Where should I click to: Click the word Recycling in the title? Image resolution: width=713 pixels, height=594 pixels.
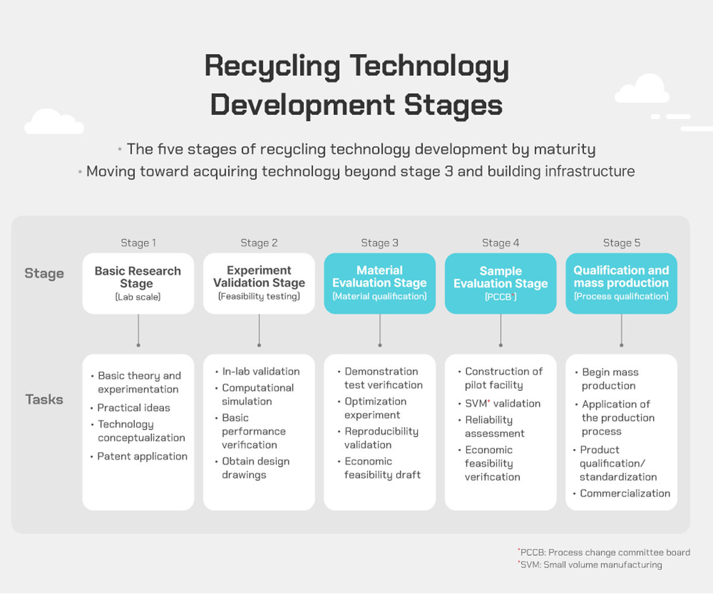point(273,67)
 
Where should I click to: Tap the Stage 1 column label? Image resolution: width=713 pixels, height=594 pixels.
point(138,243)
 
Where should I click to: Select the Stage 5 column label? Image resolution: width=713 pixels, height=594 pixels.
point(621,243)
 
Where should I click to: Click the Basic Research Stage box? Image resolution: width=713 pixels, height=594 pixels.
point(138,283)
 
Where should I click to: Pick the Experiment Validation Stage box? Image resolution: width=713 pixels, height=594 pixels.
point(259,283)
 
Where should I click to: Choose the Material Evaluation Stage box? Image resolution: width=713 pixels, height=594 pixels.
point(380,283)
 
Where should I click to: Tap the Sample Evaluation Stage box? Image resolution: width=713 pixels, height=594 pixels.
point(501,283)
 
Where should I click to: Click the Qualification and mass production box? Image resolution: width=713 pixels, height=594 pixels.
point(621,283)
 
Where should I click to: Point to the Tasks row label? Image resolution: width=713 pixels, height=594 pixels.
point(45,399)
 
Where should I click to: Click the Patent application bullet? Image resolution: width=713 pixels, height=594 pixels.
point(139,456)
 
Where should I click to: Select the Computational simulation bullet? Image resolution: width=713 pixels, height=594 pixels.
point(255,394)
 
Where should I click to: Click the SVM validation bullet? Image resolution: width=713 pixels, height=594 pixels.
point(499,403)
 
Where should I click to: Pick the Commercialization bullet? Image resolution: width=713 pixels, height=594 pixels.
point(621,493)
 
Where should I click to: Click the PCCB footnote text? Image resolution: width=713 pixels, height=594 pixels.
point(604,552)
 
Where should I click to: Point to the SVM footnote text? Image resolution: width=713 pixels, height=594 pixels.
point(590,565)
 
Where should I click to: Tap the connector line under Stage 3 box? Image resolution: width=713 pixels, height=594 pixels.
point(380,330)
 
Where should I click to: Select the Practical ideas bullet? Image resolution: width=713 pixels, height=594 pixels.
point(131,407)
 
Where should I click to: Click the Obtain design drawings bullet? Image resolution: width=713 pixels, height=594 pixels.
point(253,468)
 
